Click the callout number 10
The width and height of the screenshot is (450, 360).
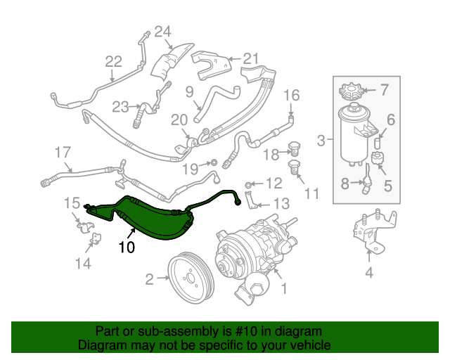tap(126, 247)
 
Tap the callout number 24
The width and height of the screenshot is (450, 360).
tap(163, 31)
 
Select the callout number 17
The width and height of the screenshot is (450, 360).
tap(63, 151)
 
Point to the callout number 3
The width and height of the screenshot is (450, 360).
tap(321, 141)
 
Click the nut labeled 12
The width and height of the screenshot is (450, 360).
tap(249, 184)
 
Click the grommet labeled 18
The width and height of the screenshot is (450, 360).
tap(295, 150)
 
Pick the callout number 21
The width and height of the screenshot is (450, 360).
tap(251, 59)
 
